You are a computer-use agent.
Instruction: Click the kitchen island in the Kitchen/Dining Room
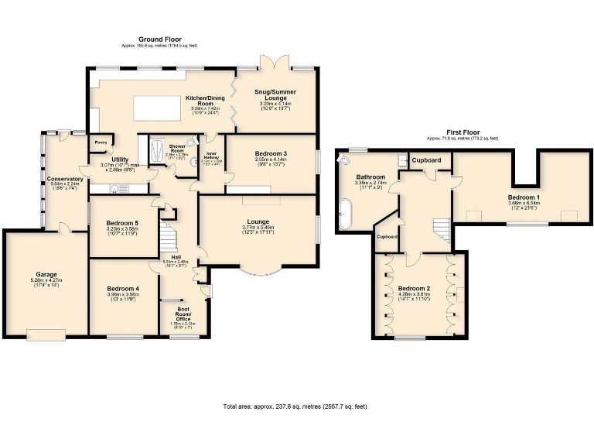161,106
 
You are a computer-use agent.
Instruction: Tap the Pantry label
101,142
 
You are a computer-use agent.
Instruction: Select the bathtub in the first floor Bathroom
346,211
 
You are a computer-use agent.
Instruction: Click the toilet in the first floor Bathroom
344,159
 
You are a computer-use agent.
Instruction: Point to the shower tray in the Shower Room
155,148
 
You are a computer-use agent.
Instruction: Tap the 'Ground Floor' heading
159,39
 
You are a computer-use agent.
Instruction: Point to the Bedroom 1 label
524,197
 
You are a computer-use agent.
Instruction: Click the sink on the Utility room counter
99,188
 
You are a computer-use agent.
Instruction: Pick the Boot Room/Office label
183,312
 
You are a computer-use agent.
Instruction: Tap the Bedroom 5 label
122,224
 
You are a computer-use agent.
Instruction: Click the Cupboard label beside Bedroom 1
426,160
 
